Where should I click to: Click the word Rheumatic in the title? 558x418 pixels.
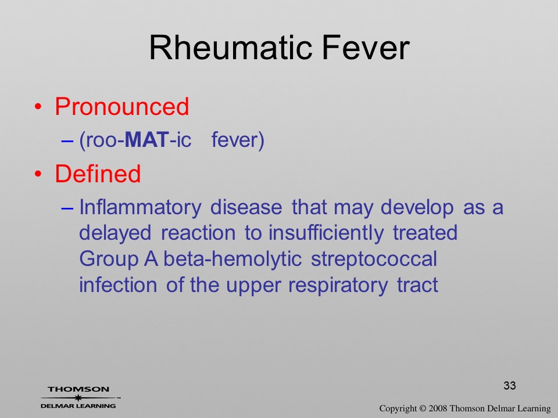click(231, 48)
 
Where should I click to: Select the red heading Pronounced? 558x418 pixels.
click(121, 106)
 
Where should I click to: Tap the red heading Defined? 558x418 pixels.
click(98, 174)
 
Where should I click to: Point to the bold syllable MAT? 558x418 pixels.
click(147, 140)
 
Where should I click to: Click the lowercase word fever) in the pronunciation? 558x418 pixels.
click(238, 140)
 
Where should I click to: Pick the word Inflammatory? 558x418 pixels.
click(140, 208)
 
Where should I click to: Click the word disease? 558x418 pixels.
click(246, 207)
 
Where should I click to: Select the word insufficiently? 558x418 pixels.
click(326, 233)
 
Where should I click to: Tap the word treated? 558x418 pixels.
click(425, 233)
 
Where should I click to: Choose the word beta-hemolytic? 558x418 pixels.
click(233, 259)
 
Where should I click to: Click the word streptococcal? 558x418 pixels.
click(374, 259)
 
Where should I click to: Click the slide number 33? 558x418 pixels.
click(510, 385)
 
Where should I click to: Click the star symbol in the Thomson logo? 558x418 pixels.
click(78, 398)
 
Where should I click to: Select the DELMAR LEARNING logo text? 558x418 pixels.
click(78, 406)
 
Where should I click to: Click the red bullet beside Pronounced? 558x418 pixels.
click(38, 107)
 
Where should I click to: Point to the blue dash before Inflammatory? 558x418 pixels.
click(67, 208)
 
